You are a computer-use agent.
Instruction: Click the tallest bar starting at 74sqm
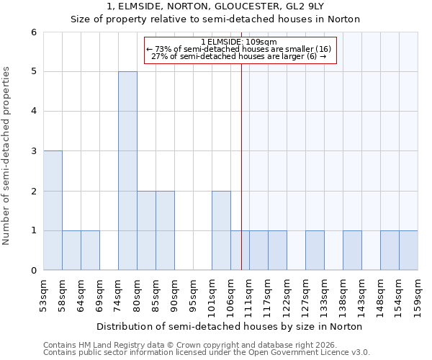pos(127,171)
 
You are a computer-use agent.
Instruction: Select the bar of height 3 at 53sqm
pos(53,210)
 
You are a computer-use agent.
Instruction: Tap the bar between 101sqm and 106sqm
pos(221,230)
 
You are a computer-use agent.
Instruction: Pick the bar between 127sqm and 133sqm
pos(315,250)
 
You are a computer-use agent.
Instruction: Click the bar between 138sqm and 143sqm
pos(352,250)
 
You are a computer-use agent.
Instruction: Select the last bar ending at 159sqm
pos(408,250)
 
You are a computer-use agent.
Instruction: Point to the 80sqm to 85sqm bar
pos(146,230)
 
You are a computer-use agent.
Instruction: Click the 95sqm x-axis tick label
pos(194,293)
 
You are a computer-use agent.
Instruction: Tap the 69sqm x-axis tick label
pos(100,293)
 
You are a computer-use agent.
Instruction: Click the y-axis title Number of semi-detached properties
pos(7,156)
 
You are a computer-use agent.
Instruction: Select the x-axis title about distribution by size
pos(230,326)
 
